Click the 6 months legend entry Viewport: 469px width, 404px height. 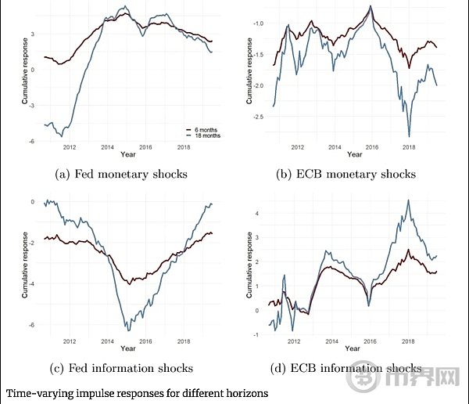tap(203, 129)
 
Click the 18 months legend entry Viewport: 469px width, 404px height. tap(203, 135)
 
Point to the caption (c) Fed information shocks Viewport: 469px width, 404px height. tap(126, 368)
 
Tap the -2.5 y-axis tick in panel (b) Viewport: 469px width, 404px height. tap(257, 117)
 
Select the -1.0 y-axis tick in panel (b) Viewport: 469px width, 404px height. tap(257, 23)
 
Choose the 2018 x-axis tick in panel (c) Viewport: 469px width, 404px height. tap(183, 341)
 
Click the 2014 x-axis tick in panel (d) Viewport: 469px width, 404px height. tap(334, 341)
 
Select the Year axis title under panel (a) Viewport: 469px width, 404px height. tap(126, 154)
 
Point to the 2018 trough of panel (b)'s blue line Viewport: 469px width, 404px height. tap(409, 136)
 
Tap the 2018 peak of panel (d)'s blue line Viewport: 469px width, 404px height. tap(408, 200)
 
